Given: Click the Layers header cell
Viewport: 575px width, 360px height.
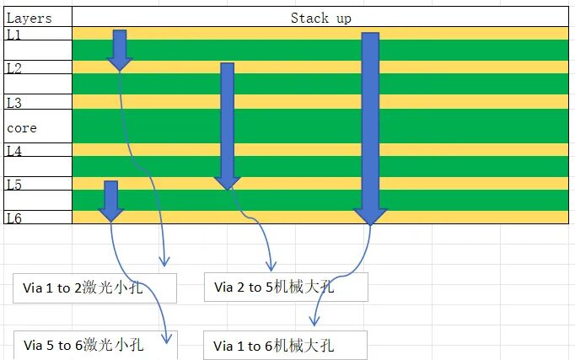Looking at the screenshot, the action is [x=38, y=17].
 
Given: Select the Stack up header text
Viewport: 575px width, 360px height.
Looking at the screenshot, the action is [x=321, y=18].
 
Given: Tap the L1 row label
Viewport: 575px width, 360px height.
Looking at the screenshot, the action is [x=13, y=35].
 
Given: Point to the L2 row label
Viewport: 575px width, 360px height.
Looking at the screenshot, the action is [x=14, y=68].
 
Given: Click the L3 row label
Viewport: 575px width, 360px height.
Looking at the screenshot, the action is [x=14, y=103].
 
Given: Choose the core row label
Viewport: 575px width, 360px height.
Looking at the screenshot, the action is [x=22, y=128].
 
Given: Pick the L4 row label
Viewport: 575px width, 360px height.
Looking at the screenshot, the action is [x=14, y=151].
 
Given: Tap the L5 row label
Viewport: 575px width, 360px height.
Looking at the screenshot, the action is [x=14, y=185].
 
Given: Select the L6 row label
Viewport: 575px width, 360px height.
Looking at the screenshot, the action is [x=14, y=218].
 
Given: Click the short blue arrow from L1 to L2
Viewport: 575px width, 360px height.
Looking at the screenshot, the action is [x=120, y=51].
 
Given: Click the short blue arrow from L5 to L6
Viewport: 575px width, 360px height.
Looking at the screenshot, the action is [x=111, y=201].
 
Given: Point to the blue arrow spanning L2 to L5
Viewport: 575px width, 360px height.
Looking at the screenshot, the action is [x=228, y=126].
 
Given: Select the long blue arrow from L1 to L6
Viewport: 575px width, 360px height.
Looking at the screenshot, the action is [x=370, y=129].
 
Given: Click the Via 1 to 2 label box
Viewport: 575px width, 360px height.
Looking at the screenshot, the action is [x=94, y=288].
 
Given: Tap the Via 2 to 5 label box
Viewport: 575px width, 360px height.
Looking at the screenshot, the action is [x=286, y=287].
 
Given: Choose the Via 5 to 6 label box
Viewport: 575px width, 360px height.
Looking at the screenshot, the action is [x=95, y=345].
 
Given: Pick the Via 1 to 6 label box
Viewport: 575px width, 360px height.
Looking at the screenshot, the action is [x=285, y=346].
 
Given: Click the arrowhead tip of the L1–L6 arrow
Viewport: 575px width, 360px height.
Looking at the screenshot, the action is [x=370, y=225].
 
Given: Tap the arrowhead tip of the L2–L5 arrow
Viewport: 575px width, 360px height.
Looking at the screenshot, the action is [x=228, y=191].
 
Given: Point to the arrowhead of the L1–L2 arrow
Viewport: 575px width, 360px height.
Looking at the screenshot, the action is [x=120, y=65].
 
